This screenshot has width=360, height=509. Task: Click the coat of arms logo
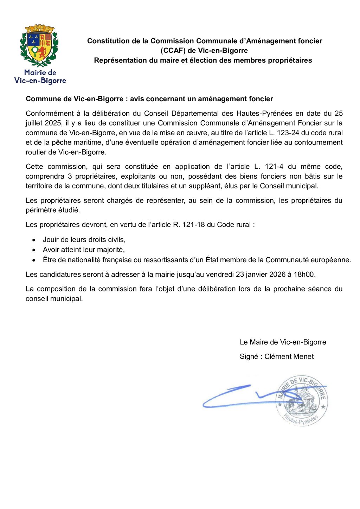[x=39, y=46]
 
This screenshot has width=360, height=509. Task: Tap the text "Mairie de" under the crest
[x=40, y=73]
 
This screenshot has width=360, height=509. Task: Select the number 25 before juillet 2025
[x=338, y=114]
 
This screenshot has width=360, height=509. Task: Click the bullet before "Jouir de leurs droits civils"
[x=33, y=240]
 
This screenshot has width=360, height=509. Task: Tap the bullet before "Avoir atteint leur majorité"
[x=33, y=250]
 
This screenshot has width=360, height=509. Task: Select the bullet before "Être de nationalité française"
[x=33, y=260]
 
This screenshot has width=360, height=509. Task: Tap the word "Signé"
[x=249, y=356]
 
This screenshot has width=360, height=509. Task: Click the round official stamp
[x=302, y=400]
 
